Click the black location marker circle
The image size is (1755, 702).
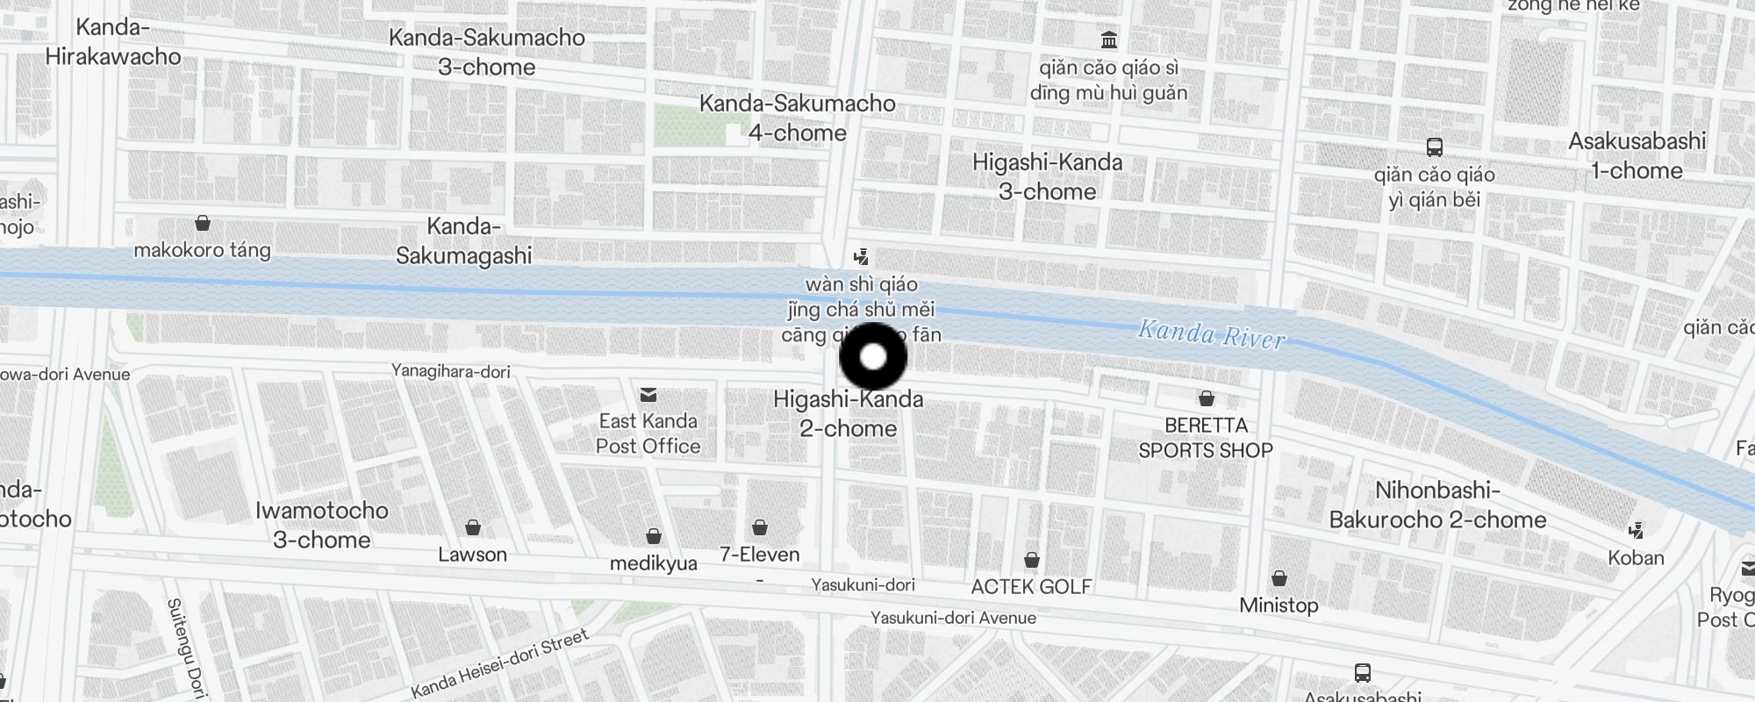(873, 357)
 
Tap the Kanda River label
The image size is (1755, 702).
(1211, 334)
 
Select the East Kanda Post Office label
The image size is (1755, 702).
(648, 433)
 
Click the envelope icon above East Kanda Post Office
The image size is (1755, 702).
(648, 395)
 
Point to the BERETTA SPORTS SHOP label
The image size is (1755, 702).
(1206, 438)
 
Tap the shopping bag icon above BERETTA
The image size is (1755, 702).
(1207, 399)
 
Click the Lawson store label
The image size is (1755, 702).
(472, 555)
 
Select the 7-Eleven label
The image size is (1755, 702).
(759, 555)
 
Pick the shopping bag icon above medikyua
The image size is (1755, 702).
(654, 536)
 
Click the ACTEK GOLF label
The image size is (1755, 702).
(1031, 586)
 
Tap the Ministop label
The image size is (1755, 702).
(1279, 605)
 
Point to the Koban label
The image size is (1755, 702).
(1636, 558)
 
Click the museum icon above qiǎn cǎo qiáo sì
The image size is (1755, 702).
(1109, 40)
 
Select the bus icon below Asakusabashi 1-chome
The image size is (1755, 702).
(1435, 147)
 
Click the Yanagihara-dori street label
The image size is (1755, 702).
(451, 371)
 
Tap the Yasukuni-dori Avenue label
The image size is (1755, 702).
(953, 618)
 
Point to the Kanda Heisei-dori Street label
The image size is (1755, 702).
(499, 664)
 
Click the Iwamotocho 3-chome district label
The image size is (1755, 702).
(321, 525)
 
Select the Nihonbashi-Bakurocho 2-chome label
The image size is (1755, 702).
(1437, 505)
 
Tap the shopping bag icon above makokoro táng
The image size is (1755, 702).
(203, 223)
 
